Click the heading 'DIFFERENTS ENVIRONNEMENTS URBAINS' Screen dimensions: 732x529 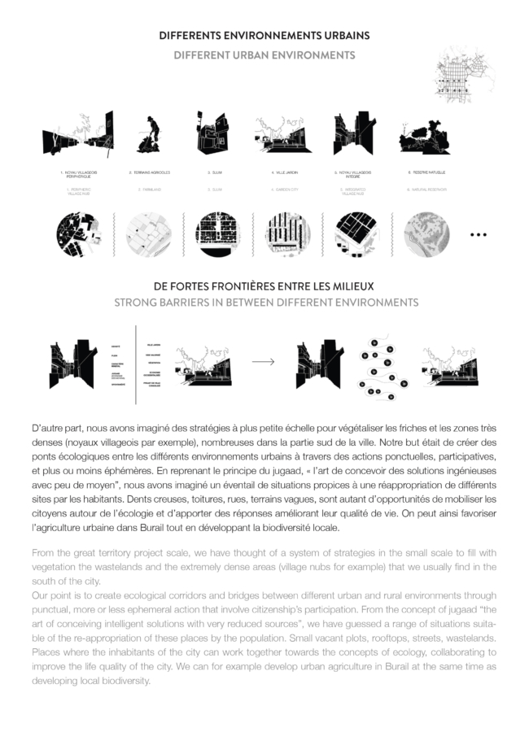(x=264, y=36)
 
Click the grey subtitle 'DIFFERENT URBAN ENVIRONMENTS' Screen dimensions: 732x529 (x=264, y=55)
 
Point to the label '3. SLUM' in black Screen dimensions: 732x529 (x=215, y=172)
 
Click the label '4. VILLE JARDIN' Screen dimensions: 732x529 (x=284, y=172)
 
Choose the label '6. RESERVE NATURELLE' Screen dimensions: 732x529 (x=426, y=172)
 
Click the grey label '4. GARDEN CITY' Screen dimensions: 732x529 (x=284, y=190)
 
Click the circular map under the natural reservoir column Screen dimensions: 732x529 (x=426, y=233)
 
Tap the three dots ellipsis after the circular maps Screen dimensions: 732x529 (x=479, y=234)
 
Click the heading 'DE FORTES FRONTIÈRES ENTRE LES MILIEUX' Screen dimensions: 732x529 (x=264, y=286)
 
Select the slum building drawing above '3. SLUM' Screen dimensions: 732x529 (x=212, y=133)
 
